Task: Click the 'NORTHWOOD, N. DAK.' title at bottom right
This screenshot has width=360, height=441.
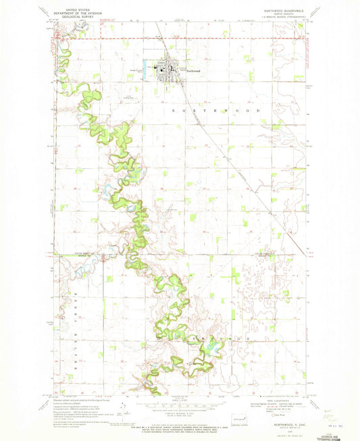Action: pyautogui.click(x=283, y=424)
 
